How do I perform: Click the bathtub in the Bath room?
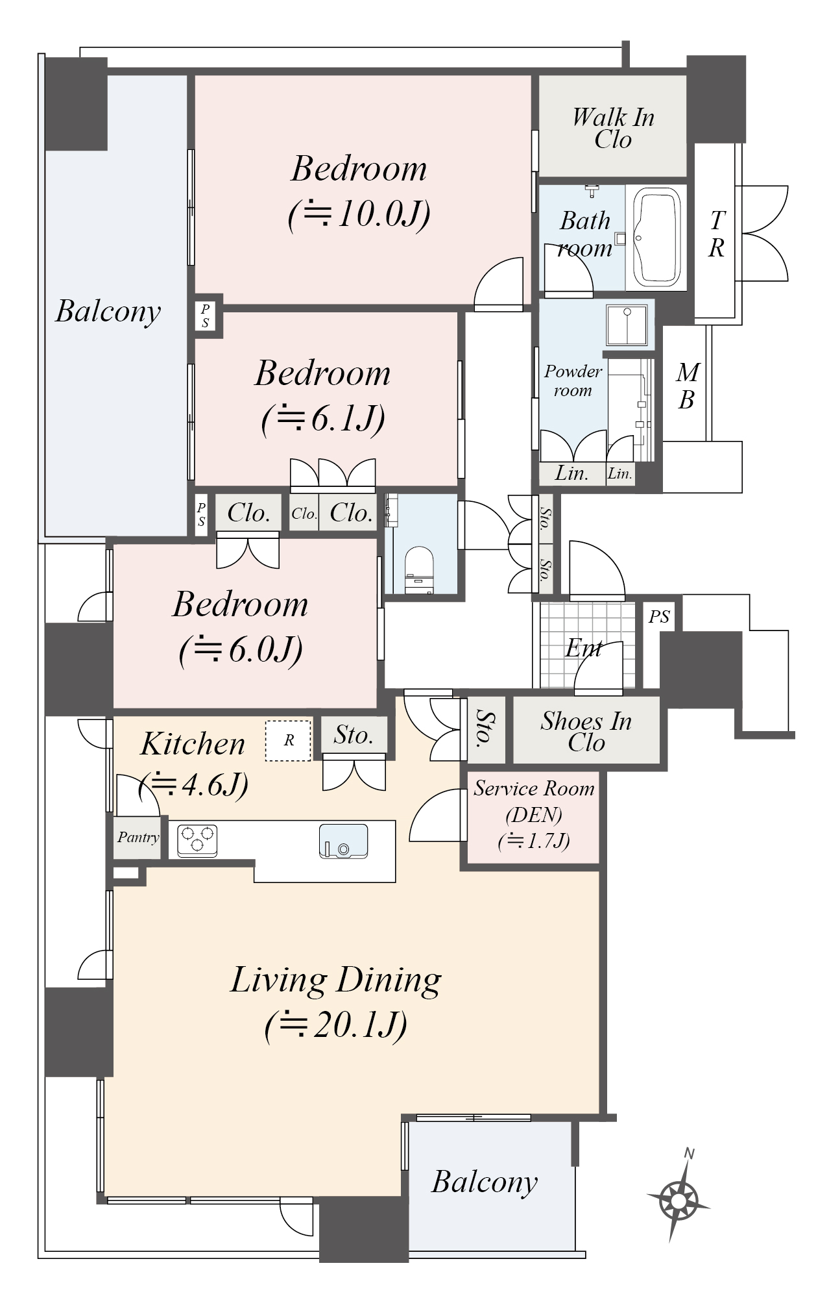pos(658,237)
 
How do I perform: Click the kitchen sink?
pos(343,841)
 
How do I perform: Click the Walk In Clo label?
pos(613,128)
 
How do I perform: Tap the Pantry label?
pos(138,838)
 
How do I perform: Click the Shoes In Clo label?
pos(586,731)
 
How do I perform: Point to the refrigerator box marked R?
pos(289,740)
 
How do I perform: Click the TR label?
pos(716,234)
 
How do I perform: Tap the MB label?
pos(687,386)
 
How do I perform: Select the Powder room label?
pos(573,380)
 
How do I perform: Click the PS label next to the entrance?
pos(659,616)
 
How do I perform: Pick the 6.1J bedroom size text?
pos(323,419)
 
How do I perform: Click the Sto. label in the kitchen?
pos(354,735)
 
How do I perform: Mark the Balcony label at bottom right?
pos(485,1182)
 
